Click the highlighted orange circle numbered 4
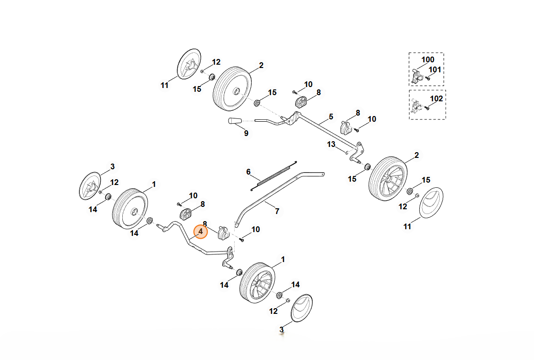[200, 232]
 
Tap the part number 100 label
[428, 59]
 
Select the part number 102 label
[436, 99]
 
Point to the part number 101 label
[435, 69]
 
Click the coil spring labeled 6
[273, 175]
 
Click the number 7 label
[277, 211]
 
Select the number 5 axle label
[331, 117]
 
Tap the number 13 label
[331, 144]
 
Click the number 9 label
[246, 134]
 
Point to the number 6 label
[248, 172]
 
